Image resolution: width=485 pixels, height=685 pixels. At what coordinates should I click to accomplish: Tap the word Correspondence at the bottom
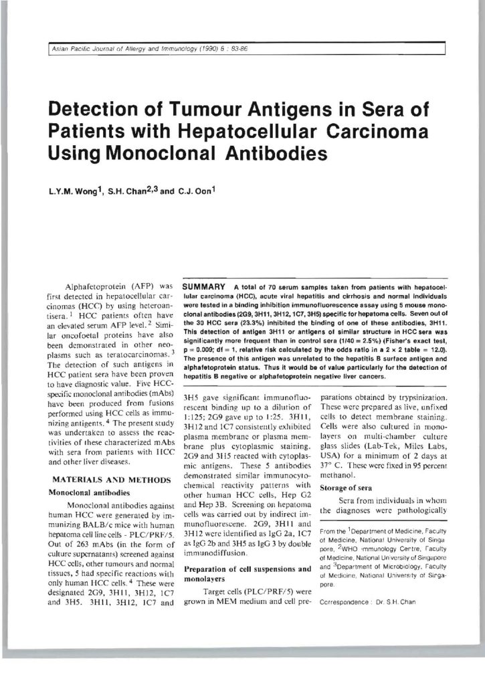(345, 601)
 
